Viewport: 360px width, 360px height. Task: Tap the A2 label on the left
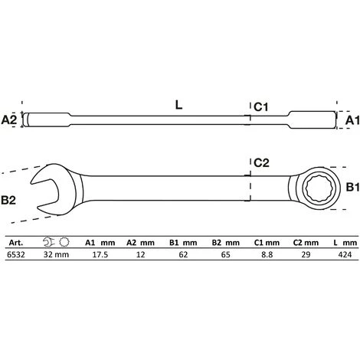click(x=9, y=119)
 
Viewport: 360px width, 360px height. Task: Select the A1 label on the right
click(x=351, y=119)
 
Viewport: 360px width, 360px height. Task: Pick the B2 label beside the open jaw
click(x=10, y=201)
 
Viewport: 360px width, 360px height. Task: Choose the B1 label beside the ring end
click(x=350, y=186)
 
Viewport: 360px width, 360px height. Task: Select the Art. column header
click(x=15, y=239)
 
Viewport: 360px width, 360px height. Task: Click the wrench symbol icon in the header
click(x=52, y=240)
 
